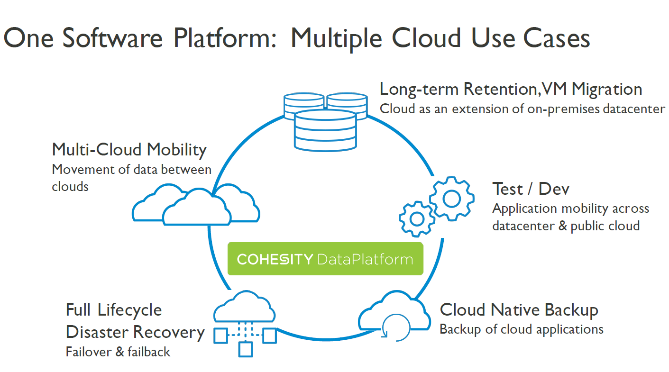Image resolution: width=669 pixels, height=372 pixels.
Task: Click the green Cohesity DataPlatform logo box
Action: (x=325, y=259)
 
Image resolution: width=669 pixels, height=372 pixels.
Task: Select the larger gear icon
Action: (x=451, y=198)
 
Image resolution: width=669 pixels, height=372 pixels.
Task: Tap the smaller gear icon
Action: (x=417, y=218)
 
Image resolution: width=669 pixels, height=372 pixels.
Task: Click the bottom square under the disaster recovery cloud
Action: (x=245, y=350)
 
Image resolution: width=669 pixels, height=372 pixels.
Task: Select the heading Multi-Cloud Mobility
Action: (x=129, y=149)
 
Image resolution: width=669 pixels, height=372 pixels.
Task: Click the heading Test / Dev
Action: (x=531, y=189)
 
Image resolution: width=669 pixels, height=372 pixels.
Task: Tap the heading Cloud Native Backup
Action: (x=519, y=310)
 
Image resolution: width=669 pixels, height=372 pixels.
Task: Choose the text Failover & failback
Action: (x=118, y=352)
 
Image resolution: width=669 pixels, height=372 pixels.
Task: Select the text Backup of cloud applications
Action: (x=521, y=329)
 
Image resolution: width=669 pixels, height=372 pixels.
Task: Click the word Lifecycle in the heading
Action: (x=129, y=310)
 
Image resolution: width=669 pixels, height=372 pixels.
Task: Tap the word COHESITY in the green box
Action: (x=275, y=259)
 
